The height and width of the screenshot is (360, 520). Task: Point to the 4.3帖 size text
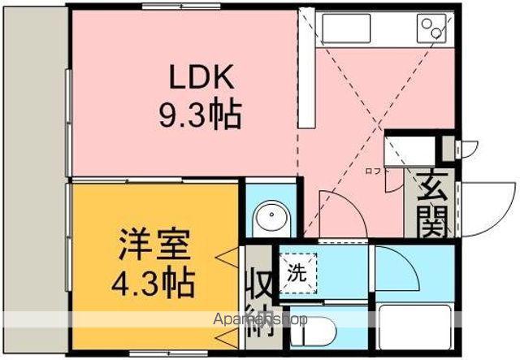pos(154,282)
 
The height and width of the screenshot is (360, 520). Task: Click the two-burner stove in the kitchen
pos(433,30)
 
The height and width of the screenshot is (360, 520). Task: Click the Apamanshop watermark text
pos(260,319)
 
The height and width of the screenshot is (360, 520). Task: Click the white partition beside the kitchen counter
pos(306,69)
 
